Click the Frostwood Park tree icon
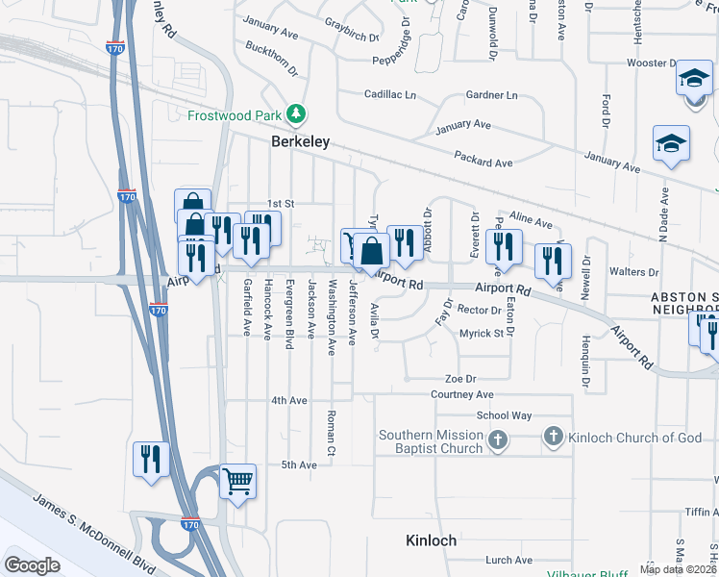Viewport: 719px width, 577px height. [297, 114]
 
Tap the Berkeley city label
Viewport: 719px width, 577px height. [300, 141]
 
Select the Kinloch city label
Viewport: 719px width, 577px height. [431, 540]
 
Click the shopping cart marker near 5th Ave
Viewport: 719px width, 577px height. [237, 480]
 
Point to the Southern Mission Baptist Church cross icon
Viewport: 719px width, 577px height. [496, 440]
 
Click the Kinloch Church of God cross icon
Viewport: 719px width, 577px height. [553, 438]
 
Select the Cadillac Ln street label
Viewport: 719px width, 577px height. [390, 95]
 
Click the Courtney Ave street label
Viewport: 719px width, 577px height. [461, 394]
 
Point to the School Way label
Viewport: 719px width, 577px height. [505, 415]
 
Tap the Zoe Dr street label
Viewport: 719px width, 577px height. [460, 379]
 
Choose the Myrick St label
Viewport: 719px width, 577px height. [482, 333]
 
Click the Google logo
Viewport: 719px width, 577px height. [32, 564]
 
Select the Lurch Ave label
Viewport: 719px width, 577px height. [509, 560]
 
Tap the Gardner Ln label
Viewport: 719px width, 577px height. [491, 95]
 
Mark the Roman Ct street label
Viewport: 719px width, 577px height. [329, 431]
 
